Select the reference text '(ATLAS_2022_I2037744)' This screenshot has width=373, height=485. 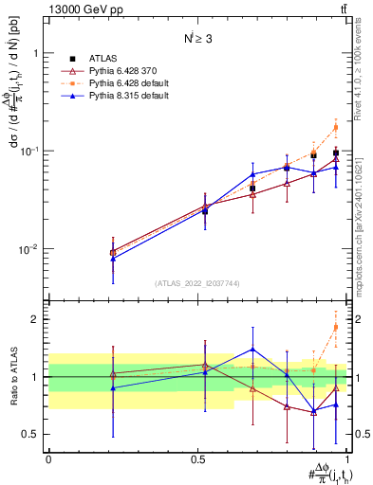pos(197,282)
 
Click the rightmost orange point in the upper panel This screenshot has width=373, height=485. pos(335,127)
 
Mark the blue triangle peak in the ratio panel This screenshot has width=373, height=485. pos(252,349)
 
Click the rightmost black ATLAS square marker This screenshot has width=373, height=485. pos(335,153)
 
